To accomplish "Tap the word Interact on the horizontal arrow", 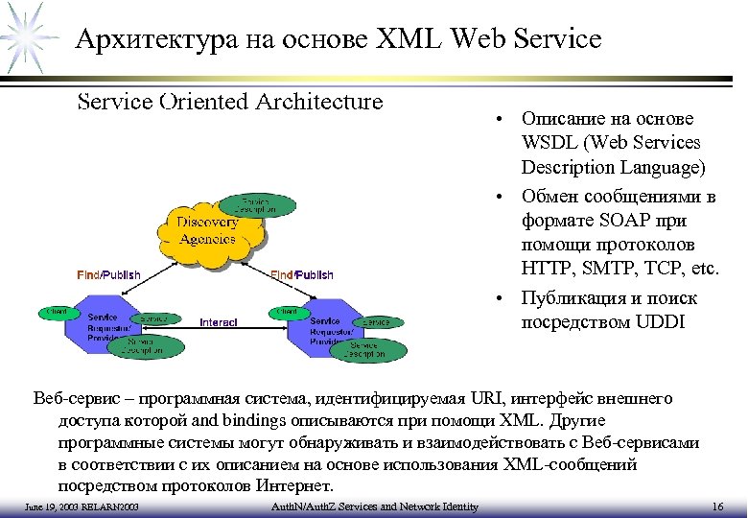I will (219, 322).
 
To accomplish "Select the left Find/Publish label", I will (108, 274).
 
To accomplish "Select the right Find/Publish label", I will (302, 275).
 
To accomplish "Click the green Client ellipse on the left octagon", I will (53, 312).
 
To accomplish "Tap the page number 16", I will (718, 506).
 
